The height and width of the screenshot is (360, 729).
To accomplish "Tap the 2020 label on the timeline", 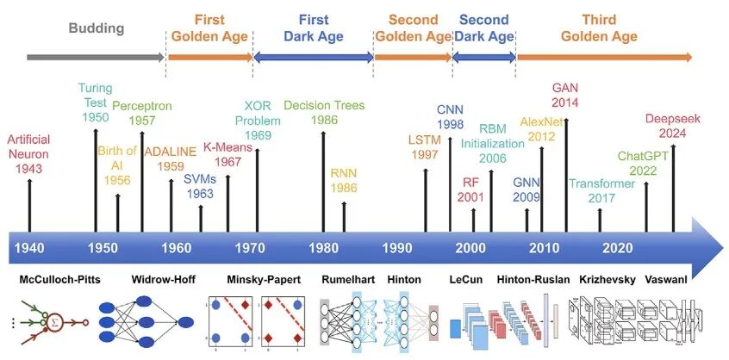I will [x=618, y=248].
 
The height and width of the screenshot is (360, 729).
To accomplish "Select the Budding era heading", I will [x=97, y=28].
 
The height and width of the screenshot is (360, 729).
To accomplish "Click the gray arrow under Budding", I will [x=96, y=58].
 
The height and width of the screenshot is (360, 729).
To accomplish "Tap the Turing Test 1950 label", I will [x=96, y=102].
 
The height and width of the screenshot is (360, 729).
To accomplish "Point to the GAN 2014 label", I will [x=566, y=96].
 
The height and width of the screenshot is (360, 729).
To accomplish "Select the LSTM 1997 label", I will [x=425, y=146].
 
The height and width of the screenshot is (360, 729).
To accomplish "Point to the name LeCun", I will [x=468, y=280].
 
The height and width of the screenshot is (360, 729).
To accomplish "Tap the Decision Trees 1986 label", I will [x=323, y=112].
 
